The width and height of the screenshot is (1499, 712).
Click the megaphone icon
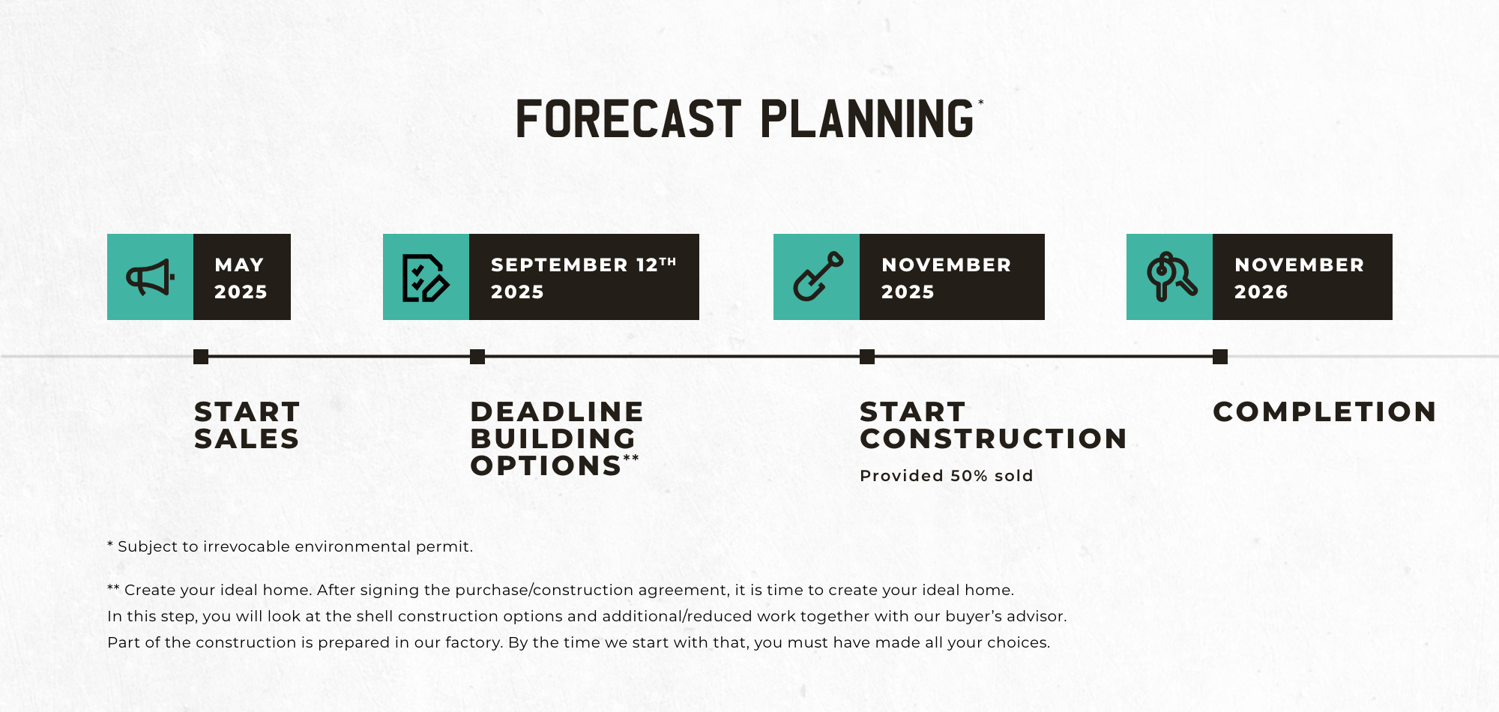point(150,277)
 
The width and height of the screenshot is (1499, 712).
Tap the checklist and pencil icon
point(426,278)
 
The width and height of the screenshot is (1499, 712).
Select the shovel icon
point(818,277)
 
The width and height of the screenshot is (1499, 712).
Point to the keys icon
point(1171,277)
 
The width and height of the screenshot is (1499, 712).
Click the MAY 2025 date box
point(242,277)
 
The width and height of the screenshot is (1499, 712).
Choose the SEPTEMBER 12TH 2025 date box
point(584,277)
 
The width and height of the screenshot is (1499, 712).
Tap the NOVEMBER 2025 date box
point(952,277)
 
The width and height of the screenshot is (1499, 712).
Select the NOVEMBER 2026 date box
point(1303,277)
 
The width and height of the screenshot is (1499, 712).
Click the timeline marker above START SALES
point(201,357)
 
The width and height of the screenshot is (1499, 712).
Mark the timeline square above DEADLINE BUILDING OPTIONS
point(477,357)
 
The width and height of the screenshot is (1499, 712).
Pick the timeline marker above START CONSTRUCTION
point(867,357)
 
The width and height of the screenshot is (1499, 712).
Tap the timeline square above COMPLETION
point(1220,357)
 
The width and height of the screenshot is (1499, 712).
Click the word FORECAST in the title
point(629,119)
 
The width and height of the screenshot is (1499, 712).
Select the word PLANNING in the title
point(867,119)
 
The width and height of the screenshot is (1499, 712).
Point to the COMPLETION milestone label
point(1324,411)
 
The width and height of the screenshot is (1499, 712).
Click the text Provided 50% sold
point(947,476)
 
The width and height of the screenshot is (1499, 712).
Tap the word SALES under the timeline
point(247,438)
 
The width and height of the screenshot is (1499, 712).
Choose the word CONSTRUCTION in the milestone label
point(993,438)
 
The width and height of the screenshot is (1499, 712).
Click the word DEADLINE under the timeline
point(557,411)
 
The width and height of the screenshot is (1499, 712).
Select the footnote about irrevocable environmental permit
point(290,546)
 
